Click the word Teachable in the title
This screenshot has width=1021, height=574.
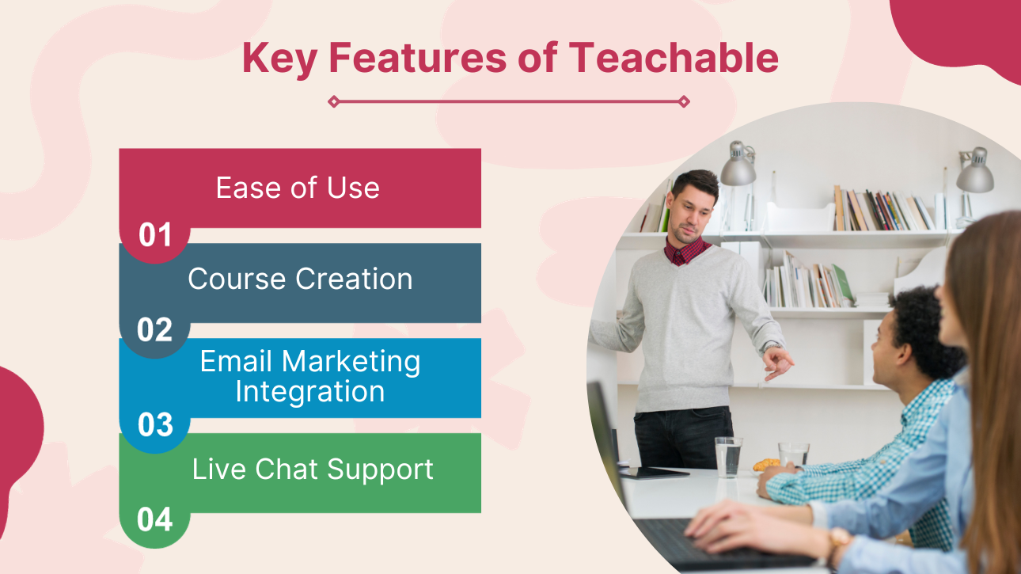(x=674, y=58)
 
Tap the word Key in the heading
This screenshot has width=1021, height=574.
(x=279, y=59)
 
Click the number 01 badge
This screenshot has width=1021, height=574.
(x=155, y=235)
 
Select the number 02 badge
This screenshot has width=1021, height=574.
(x=155, y=329)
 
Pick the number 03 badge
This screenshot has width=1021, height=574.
(x=155, y=424)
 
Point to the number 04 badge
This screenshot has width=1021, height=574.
(x=155, y=519)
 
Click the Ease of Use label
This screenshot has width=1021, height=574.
(x=298, y=188)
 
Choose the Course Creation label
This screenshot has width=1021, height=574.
(x=300, y=279)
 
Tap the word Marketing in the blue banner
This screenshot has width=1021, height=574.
(x=351, y=363)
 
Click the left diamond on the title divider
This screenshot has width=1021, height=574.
(x=334, y=101)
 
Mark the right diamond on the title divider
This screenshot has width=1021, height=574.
(x=684, y=101)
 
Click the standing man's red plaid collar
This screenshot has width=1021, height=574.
(x=686, y=251)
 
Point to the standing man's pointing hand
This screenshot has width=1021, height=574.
(x=779, y=363)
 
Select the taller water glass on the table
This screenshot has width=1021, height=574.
(x=728, y=457)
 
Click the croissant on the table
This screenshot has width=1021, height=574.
(x=766, y=465)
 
